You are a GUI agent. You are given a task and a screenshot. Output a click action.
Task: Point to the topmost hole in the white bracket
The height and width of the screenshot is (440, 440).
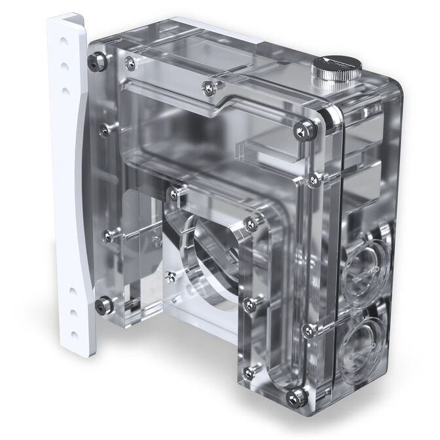[x=60, y=40]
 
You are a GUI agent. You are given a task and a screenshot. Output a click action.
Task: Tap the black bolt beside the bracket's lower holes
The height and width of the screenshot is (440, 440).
[x=103, y=303]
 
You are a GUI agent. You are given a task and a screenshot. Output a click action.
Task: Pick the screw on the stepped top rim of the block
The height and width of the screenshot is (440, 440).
[x=207, y=84]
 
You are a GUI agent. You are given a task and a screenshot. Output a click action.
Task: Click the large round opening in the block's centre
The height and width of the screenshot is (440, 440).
[x=208, y=253]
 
